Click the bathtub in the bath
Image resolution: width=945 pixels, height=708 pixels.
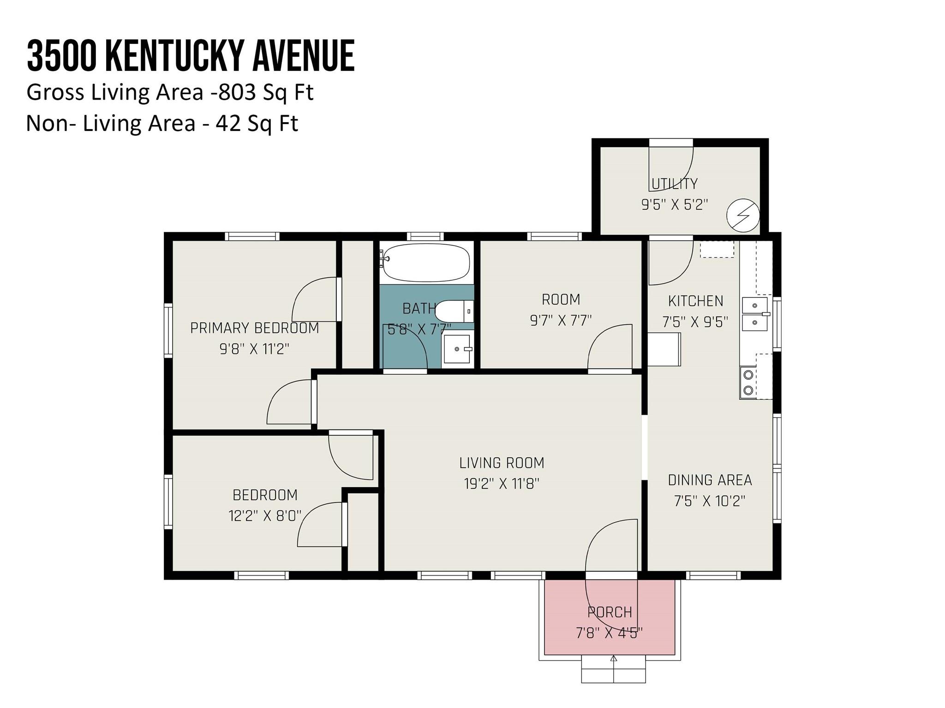pos(426,262)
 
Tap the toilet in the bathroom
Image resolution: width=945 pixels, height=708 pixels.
pos(454,311)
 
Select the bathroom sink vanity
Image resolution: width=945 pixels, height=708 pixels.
pos(457,349)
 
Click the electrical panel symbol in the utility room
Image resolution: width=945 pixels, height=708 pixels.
pos(742,215)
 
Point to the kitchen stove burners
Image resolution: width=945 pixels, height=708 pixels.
pos(748,383)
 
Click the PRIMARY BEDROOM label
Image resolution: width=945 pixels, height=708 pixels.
pos(254,328)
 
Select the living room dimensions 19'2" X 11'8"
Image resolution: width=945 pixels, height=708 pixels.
pos(502,484)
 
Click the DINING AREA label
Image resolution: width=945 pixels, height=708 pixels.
pos(710,480)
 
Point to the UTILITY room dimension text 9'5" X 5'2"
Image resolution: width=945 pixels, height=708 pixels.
pos(674,205)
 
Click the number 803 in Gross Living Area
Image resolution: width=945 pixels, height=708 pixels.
pos(237,92)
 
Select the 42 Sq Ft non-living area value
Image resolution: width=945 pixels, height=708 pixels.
pos(257,124)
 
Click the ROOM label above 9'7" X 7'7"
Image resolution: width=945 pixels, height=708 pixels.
pos(561,300)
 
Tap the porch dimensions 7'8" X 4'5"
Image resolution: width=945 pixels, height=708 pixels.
pos(609,633)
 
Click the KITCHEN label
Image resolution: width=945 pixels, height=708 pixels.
pos(695,301)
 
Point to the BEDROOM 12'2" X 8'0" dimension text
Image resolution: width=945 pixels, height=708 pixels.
pos(265,515)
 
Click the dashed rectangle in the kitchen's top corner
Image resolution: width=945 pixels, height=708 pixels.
pos(717,249)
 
